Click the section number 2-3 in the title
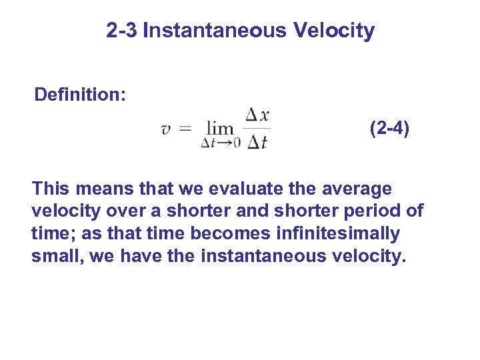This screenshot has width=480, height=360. pyautogui.click(x=122, y=31)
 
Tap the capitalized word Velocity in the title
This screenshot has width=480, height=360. pyautogui.click(x=334, y=31)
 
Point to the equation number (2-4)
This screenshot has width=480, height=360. pyautogui.click(x=390, y=128)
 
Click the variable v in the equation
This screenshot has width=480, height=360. pyautogui.click(x=166, y=129)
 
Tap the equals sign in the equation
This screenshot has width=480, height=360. pyautogui.click(x=186, y=129)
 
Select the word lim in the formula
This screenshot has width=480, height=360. pyautogui.click(x=219, y=128)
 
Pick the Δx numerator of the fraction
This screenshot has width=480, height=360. pyautogui.click(x=257, y=115)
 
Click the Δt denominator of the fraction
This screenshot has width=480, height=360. pyautogui.click(x=257, y=141)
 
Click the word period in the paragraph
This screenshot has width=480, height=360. pyautogui.click(x=377, y=211)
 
